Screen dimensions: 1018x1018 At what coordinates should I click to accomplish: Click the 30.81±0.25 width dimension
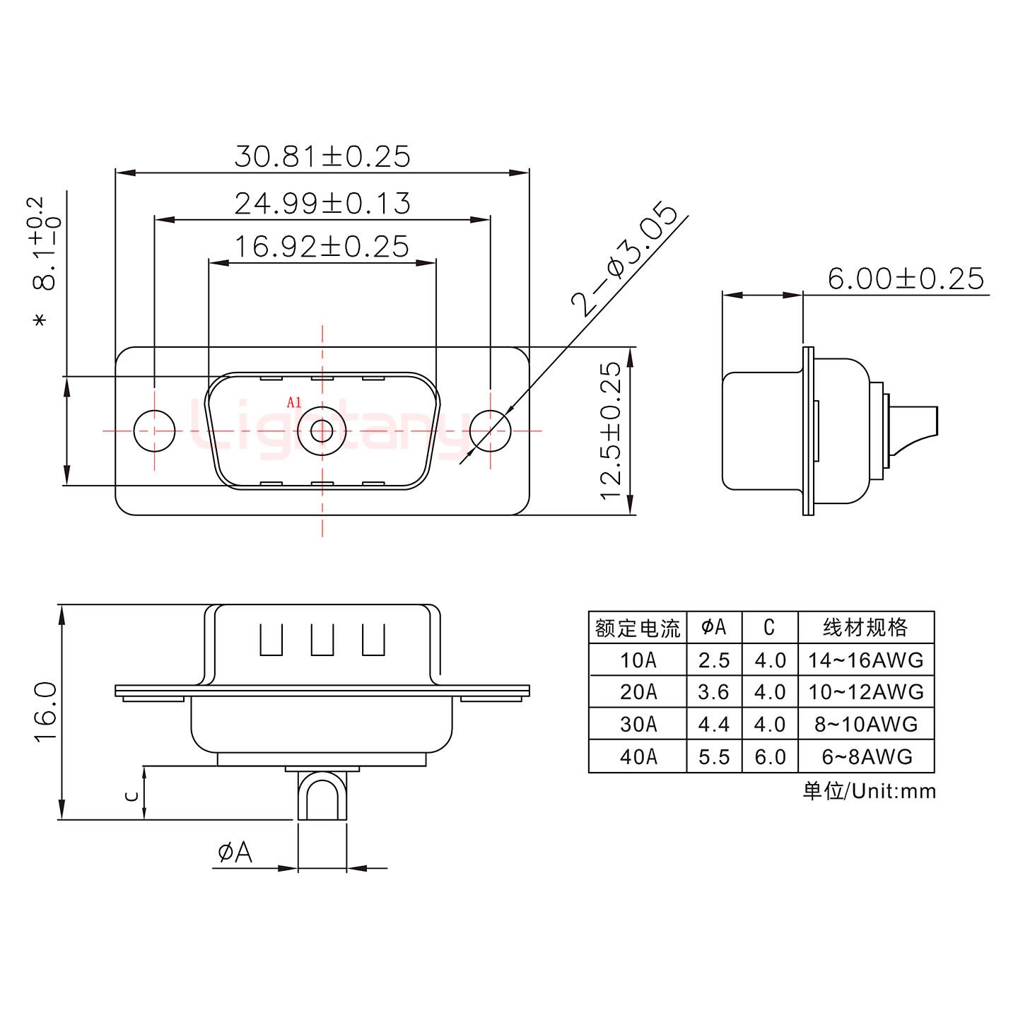click(x=322, y=156)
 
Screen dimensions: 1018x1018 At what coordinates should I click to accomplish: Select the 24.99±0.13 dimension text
click(x=322, y=204)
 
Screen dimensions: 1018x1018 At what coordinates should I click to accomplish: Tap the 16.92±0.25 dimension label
click(x=322, y=247)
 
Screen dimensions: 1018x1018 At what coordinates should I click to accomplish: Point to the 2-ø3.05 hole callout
click(x=625, y=259)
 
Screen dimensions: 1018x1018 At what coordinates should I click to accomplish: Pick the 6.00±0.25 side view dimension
click(x=906, y=279)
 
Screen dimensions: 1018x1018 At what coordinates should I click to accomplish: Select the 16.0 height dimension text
click(x=46, y=711)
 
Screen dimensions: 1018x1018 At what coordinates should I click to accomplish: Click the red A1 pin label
click(x=294, y=403)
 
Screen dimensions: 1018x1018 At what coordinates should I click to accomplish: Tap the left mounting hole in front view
click(x=154, y=431)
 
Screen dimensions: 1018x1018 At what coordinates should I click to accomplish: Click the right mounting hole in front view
click(x=491, y=431)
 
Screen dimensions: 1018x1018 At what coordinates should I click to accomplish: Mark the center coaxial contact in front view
click(x=322, y=431)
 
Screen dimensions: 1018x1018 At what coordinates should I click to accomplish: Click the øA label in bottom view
click(x=235, y=853)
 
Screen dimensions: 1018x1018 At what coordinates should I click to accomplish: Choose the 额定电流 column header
click(x=638, y=628)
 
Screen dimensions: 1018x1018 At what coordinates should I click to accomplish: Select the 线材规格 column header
click(x=865, y=627)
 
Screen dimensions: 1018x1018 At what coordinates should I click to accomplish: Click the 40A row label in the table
click(x=638, y=756)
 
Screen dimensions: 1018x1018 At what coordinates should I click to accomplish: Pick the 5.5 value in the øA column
click(x=714, y=756)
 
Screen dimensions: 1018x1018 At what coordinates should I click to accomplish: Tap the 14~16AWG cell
click(x=865, y=660)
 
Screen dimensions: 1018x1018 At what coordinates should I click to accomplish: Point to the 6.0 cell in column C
click(x=770, y=756)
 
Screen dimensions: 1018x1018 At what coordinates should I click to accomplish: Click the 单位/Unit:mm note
click(x=869, y=791)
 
